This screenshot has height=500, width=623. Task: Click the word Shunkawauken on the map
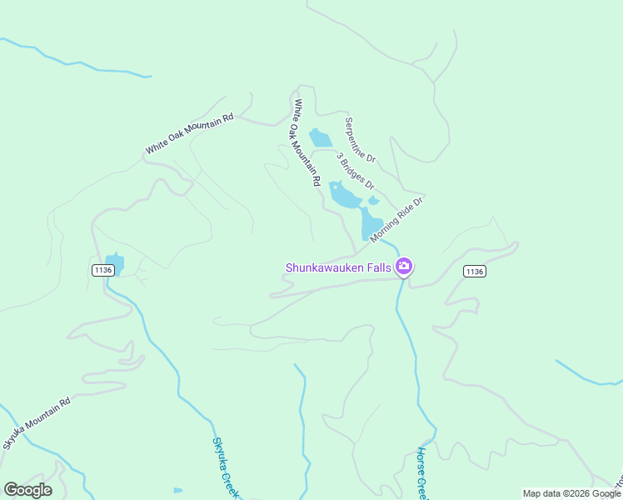(x=325, y=267)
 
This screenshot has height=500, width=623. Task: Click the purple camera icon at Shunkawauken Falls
(x=405, y=267)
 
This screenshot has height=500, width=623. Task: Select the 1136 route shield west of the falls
(x=102, y=270)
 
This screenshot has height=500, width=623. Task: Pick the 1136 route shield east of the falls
(x=474, y=272)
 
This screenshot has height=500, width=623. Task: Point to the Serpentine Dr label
(x=361, y=139)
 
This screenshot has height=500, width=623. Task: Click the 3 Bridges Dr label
(x=356, y=171)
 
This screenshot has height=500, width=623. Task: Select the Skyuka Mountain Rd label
(x=37, y=423)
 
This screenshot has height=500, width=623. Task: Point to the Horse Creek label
(x=422, y=473)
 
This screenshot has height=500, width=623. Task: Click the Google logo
(x=27, y=490)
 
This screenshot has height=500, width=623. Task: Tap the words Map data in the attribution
(x=541, y=493)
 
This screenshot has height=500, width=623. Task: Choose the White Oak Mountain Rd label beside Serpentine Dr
(x=307, y=142)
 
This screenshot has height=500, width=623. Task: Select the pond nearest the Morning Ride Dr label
(x=370, y=223)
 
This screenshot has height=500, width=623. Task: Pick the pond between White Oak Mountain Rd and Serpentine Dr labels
(x=320, y=137)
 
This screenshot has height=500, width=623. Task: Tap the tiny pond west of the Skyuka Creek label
(x=177, y=490)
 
